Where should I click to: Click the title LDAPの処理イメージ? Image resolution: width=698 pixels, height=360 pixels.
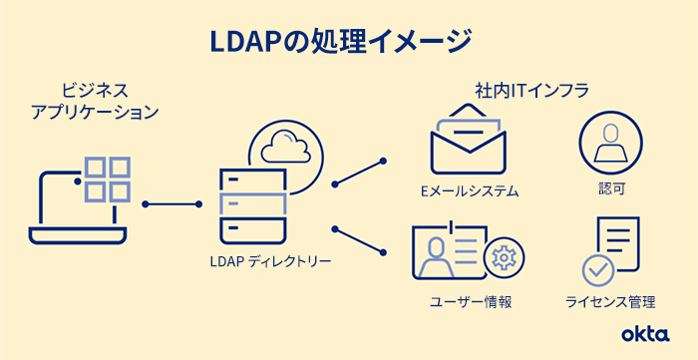point(340,41)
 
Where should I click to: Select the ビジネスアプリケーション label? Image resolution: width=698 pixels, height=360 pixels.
point(95,101)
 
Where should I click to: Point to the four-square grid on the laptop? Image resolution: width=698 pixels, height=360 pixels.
point(108,180)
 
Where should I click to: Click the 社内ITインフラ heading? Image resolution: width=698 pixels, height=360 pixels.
point(530,90)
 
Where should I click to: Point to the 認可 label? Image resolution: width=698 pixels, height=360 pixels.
point(606,188)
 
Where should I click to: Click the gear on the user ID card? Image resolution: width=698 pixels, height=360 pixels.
point(502,258)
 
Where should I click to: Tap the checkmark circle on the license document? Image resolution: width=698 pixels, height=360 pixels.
point(597,268)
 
